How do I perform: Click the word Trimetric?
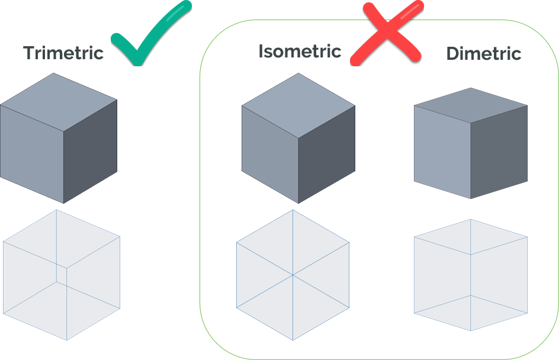63,53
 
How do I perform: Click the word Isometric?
300,52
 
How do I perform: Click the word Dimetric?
483,53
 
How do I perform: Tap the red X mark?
386,33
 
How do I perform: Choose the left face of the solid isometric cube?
269,154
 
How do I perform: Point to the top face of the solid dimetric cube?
471,105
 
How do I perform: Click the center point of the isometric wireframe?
293,275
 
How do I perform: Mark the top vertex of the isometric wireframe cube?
293,210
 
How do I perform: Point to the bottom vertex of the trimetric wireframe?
66,340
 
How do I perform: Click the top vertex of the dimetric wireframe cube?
471,220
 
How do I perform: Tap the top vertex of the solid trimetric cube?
54,73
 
